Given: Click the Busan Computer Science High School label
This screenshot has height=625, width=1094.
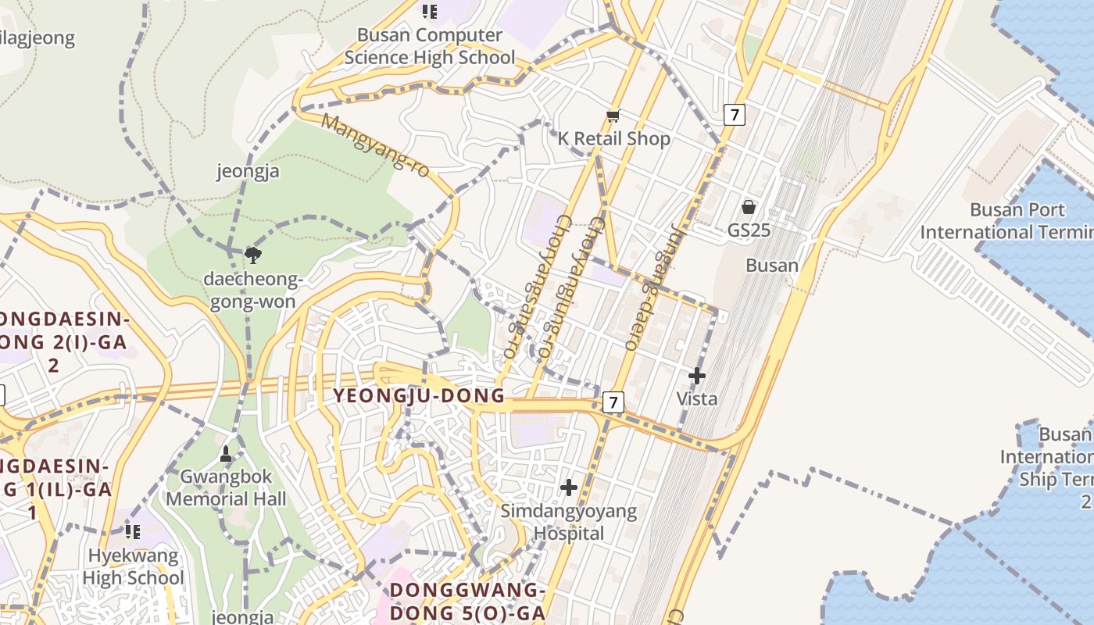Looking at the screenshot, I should pyautogui.click(x=430, y=46).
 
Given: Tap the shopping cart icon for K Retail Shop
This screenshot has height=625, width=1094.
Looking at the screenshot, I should pyautogui.click(x=613, y=116).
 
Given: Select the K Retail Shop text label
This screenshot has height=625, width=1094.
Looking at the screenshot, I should pyautogui.click(x=614, y=139).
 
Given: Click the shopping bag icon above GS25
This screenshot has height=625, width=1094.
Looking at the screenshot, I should pyautogui.click(x=749, y=207).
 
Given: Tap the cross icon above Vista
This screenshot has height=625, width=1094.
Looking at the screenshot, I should pyautogui.click(x=696, y=377).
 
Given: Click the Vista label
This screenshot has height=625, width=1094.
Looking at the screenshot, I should pyautogui.click(x=696, y=398).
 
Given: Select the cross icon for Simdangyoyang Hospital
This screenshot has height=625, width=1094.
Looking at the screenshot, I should pyautogui.click(x=569, y=487).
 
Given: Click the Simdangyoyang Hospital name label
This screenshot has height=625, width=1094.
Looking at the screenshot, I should pyautogui.click(x=569, y=523).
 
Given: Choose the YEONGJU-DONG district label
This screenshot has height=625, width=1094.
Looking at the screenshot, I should pyautogui.click(x=420, y=395).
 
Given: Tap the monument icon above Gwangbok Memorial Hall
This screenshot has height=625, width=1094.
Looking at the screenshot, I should pyautogui.click(x=226, y=454).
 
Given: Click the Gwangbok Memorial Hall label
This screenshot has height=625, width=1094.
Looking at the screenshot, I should pyautogui.click(x=227, y=487).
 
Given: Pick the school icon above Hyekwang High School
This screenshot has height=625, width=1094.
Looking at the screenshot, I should pyautogui.click(x=133, y=532).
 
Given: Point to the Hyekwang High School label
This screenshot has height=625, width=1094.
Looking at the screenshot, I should pyautogui.click(x=133, y=567).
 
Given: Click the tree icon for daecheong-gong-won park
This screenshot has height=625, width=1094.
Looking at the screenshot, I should pyautogui.click(x=252, y=254).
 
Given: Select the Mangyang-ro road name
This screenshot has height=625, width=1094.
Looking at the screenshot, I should pyautogui.click(x=376, y=145).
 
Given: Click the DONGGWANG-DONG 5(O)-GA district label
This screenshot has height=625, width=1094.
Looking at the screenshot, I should pyautogui.click(x=467, y=602).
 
